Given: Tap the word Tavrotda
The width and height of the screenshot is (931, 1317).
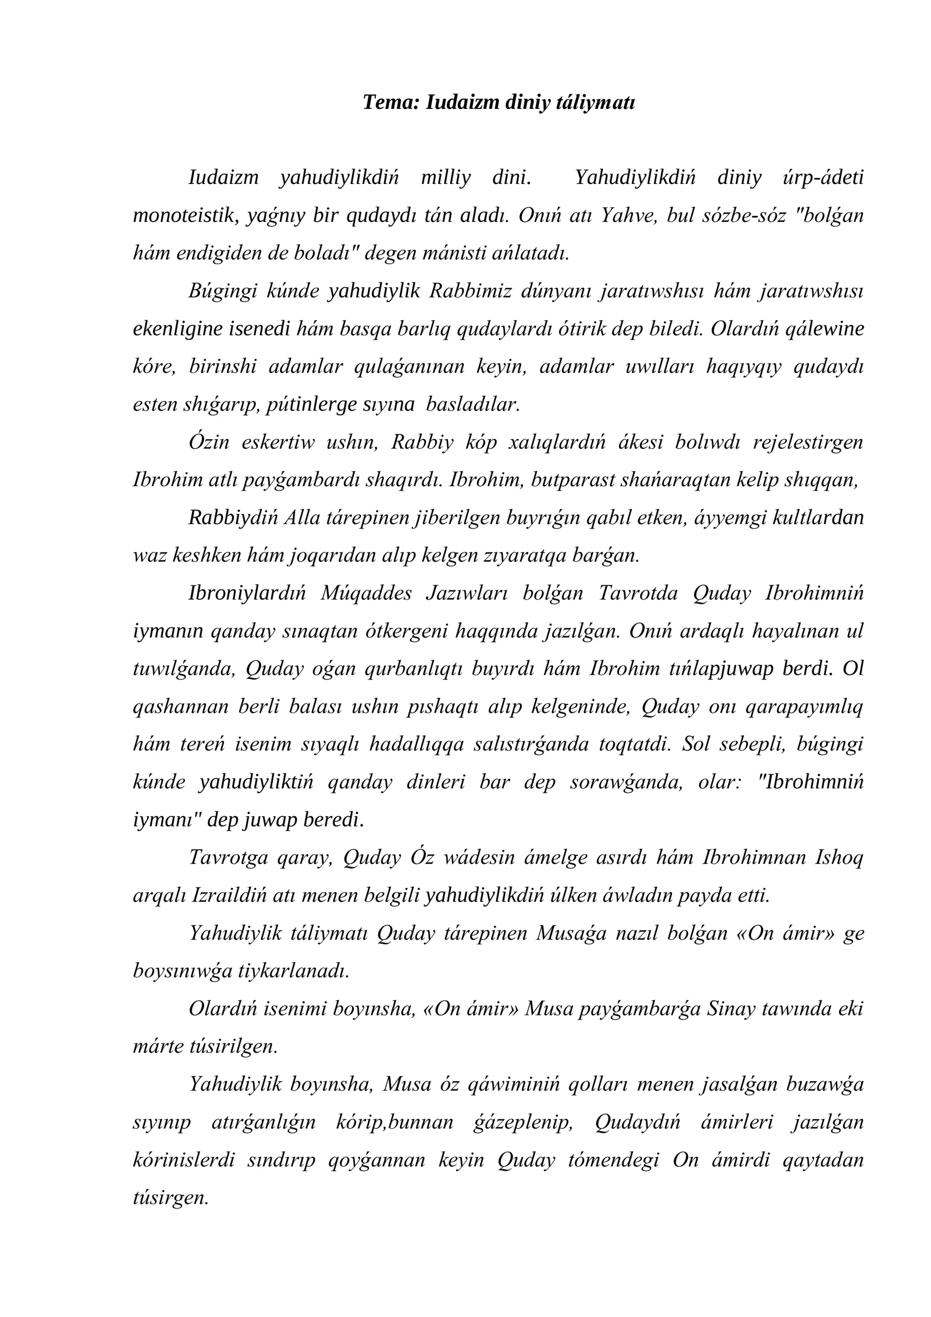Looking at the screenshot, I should (638, 593).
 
